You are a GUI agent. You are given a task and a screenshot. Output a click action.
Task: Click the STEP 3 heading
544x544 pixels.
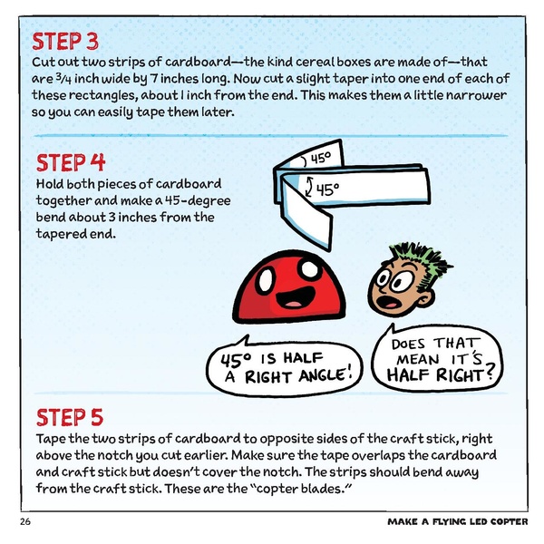65,42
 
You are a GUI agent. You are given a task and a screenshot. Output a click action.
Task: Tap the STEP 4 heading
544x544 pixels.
71,163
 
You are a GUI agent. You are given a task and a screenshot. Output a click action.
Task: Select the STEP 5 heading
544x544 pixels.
71,417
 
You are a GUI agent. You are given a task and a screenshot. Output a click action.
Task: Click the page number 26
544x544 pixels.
24,523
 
